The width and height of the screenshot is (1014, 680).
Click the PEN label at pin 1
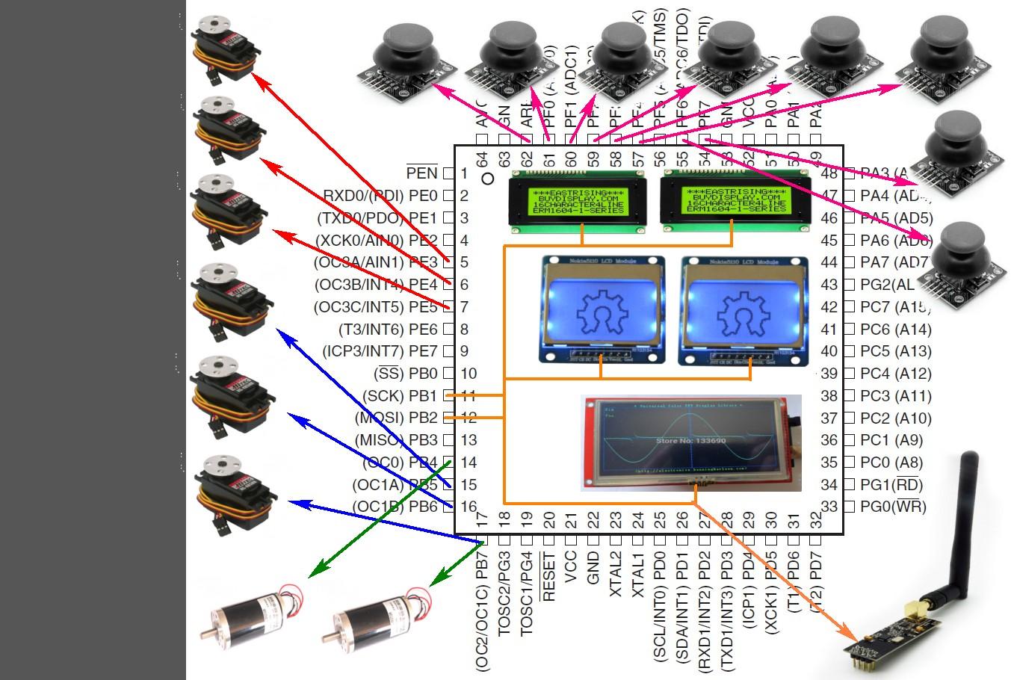click(x=421, y=173)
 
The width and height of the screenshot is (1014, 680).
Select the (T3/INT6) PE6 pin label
click(x=388, y=330)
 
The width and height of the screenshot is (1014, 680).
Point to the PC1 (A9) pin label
click(x=891, y=440)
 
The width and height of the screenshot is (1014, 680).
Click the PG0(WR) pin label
click(x=893, y=507)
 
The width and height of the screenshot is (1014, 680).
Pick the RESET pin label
click(x=549, y=577)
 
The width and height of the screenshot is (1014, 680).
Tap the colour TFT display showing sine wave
click(x=691, y=442)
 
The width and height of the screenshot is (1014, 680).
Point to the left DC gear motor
click(x=250, y=613)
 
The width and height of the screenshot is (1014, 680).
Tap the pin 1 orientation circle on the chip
click(x=488, y=178)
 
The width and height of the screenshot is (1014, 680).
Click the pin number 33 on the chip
click(x=829, y=507)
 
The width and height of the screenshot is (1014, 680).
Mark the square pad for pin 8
click(x=448, y=329)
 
